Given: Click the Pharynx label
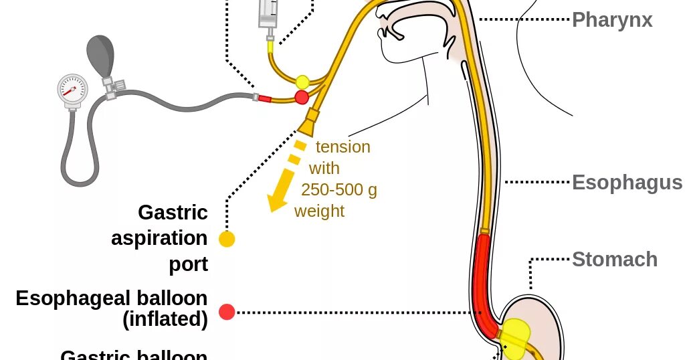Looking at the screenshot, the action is tap(612, 20).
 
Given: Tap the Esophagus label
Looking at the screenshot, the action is tap(627, 183).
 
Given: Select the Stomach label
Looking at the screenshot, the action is tap(615, 260).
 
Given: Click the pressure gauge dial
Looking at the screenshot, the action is tap(72, 90).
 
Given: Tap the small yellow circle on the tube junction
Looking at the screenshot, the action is tap(302, 82).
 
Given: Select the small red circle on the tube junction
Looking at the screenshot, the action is tap(302, 98).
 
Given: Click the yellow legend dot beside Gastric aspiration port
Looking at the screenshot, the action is tap(227, 239).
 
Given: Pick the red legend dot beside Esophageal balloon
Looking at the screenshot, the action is tap(227, 312).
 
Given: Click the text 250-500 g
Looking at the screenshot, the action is tap(339, 190).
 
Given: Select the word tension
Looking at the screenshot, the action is tap(342, 147).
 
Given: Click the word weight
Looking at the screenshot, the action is tap(319, 211).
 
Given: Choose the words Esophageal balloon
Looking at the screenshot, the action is tap(112, 298).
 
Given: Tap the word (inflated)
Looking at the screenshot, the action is tap(165, 320).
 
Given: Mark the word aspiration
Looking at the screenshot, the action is tap(159, 238).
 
